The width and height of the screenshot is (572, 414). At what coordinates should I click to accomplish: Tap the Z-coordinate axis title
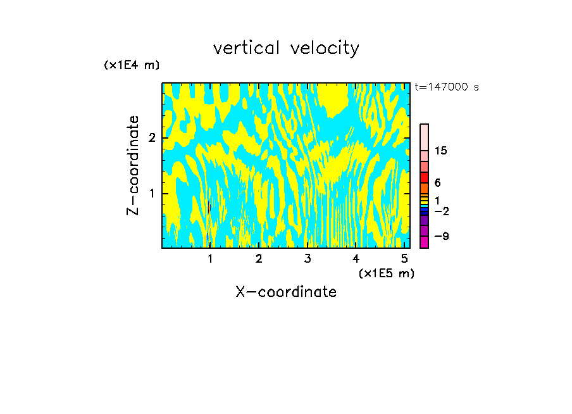point(133,165)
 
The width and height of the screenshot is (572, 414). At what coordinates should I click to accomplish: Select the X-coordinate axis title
point(286,292)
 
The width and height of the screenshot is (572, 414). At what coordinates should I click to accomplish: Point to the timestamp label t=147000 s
point(446,87)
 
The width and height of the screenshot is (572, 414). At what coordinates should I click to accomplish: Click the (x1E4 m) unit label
point(132,65)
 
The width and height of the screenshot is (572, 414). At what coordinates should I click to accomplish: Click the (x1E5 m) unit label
point(386,273)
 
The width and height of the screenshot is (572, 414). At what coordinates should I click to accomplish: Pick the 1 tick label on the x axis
point(210,259)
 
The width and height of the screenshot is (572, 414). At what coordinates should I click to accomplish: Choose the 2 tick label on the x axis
point(259,259)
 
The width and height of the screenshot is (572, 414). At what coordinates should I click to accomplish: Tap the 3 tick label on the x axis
point(308,259)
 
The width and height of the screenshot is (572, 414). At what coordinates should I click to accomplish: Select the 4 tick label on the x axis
point(356,259)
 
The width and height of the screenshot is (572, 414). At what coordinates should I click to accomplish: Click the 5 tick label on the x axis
point(404,259)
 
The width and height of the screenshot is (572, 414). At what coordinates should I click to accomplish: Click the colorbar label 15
point(441,151)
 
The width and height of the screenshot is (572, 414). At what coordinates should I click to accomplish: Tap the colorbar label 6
point(437,182)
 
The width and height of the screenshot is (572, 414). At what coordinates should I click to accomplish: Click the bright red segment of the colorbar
point(424,177)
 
